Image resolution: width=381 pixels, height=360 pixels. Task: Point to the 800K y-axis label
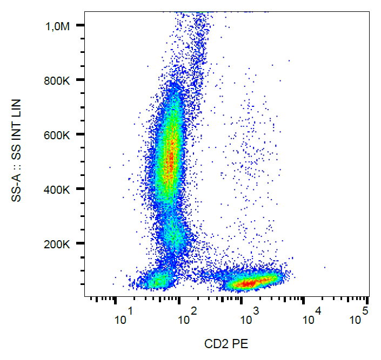(x=58, y=80)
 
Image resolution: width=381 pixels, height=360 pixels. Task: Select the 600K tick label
(x=58, y=135)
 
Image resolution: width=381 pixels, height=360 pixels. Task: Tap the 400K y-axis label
(x=58, y=189)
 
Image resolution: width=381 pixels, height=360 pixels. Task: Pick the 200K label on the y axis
(x=58, y=244)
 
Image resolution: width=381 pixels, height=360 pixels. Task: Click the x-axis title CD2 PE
(x=226, y=343)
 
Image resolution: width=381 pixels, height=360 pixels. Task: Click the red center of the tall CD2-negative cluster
(x=170, y=157)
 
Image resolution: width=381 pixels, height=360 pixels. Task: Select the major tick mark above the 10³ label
(x=242, y=300)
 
